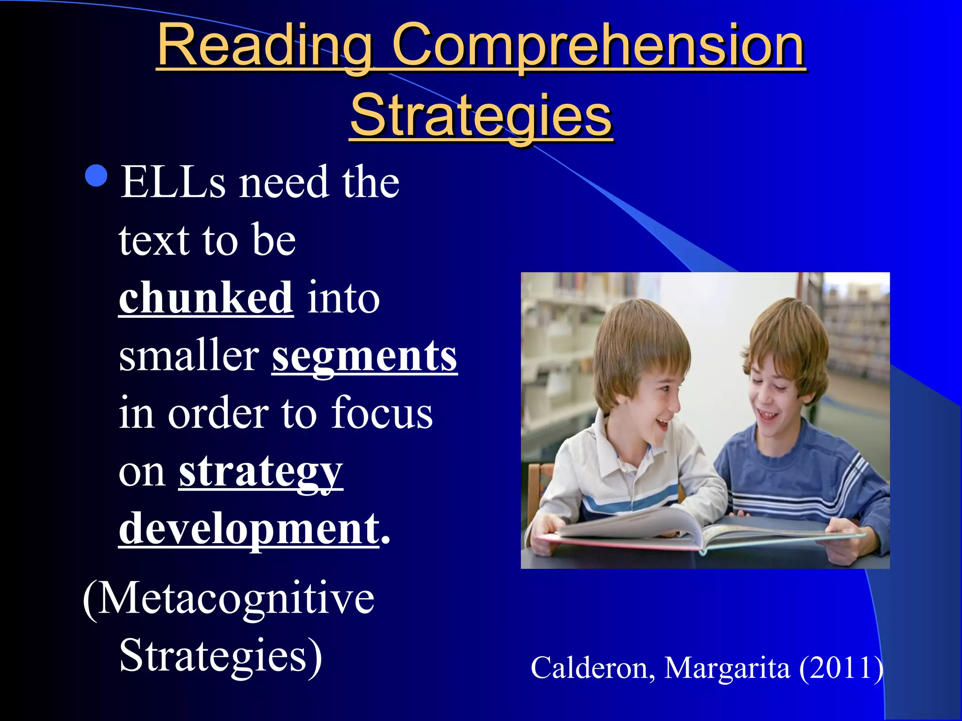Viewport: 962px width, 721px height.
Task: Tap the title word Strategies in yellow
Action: [481, 115]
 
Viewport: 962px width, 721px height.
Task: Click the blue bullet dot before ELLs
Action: [97, 176]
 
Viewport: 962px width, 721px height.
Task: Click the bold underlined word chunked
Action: [206, 298]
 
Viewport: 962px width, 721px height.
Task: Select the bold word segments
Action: [365, 356]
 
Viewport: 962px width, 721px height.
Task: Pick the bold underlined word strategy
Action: [261, 471]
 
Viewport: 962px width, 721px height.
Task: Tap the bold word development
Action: [249, 529]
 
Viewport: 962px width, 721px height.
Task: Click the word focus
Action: [381, 413]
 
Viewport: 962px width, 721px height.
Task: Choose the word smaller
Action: [189, 356]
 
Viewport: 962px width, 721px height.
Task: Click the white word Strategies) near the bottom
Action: [221, 655]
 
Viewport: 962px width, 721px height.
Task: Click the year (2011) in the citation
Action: [841, 667]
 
